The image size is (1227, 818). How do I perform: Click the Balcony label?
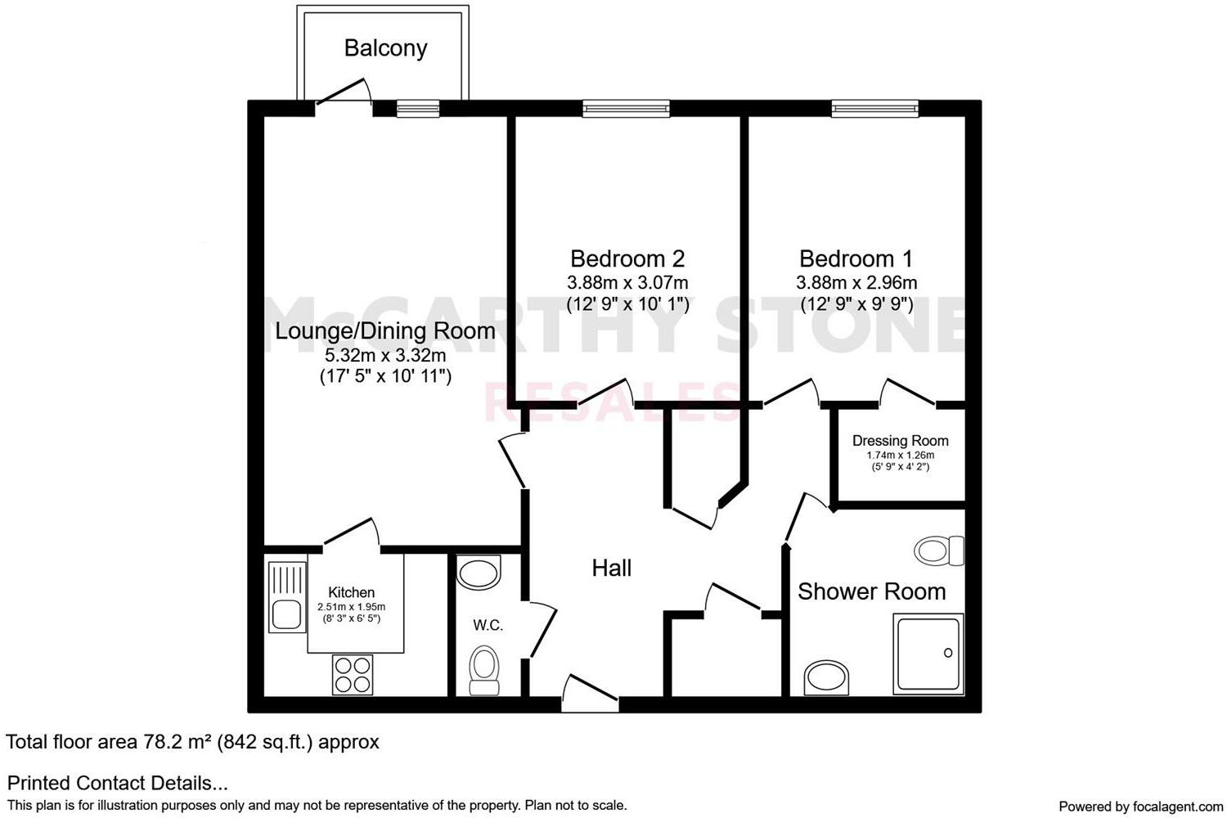[x=385, y=48]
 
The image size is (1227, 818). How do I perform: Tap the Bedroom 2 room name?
[x=627, y=259]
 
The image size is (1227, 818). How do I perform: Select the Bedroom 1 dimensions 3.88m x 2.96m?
[x=856, y=283]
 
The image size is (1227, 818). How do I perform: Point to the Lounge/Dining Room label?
[x=385, y=331]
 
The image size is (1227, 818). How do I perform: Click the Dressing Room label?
[x=900, y=441]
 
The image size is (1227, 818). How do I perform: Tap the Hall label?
[x=611, y=569]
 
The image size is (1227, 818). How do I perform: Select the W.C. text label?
[x=488, y=626]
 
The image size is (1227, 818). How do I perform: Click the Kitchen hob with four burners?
[x=353, y=675]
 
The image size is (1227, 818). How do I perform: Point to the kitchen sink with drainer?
[x=286, y=598]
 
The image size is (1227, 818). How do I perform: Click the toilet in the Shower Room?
[x=939, y=550]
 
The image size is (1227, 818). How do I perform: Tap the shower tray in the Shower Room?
[x=928, y=654]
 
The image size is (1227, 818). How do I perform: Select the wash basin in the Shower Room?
[x=827, y=678]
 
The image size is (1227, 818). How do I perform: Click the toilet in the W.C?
[x=483, y=671]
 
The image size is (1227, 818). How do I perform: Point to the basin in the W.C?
[x=479, y=573]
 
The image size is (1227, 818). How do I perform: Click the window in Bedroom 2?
[x=626, y=108]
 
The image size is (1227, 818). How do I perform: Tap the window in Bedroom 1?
[x=874, y=108]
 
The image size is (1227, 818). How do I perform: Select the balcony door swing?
[x=344, y=92]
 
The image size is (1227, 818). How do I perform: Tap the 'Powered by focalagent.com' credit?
[x=1140, y=807]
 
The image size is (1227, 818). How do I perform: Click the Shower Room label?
[x=871, y=591]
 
